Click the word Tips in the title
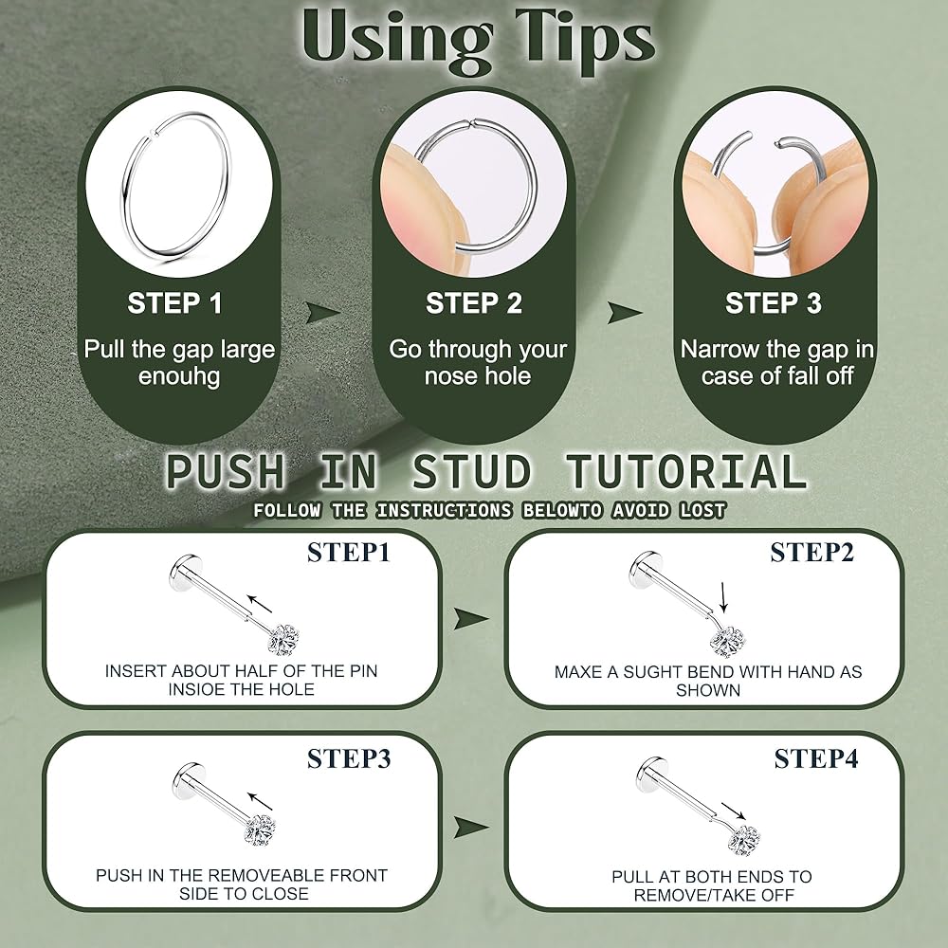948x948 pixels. click(585, 40)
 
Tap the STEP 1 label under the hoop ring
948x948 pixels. click(174, 303)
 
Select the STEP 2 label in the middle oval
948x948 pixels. click(473, 303)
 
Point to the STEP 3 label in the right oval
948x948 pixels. click(774, 303)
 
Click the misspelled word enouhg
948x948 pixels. click(179, 376)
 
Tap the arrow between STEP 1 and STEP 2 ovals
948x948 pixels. click(323, 313)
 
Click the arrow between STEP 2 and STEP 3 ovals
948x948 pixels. click(625, 313)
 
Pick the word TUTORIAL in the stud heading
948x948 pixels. click(685, 471)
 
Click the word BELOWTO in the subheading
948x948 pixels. click(562, 511)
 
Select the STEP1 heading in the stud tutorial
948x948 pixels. click(348, 553)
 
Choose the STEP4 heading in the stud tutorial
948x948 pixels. click(815, 758)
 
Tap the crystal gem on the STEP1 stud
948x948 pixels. click(283, 641)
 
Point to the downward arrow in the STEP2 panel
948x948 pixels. click(723, 597)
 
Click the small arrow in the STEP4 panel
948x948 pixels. click(734, 811)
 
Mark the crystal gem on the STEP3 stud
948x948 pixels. click(260, 830)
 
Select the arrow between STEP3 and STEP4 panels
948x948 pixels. click(471, 827)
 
